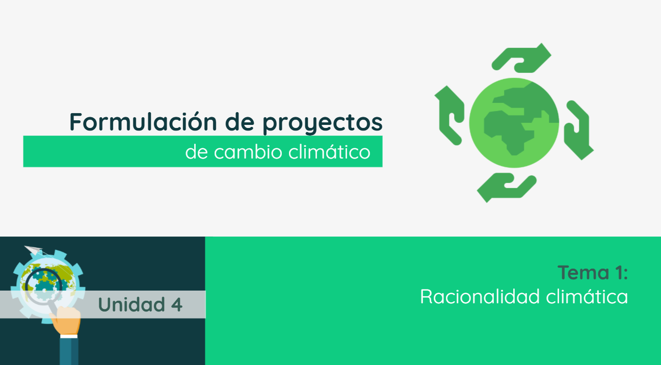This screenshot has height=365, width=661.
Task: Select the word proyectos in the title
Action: coord(322,122)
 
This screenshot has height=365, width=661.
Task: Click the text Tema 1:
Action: coord(592,273)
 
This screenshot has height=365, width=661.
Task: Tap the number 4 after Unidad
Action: coord(176,304)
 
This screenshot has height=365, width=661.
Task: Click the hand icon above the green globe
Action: coord(521,57)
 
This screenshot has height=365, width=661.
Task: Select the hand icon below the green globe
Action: coord(507,187)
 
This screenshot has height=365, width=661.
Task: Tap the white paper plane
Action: coord(33,250)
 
